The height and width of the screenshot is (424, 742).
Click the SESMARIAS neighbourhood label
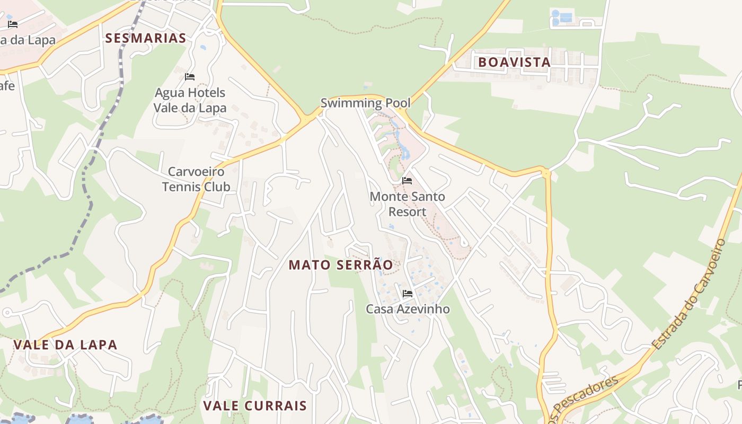coord(146,38)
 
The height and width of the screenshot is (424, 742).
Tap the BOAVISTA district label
coord(515,62)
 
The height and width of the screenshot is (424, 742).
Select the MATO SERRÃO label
coord(341,265)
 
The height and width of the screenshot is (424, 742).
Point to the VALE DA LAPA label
coord(65,344)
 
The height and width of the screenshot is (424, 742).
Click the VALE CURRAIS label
coord(255,406)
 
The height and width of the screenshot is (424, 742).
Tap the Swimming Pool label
coord(366,103)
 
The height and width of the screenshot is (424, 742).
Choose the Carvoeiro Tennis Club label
coord(196,179)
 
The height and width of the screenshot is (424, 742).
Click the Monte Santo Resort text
coord(407,204)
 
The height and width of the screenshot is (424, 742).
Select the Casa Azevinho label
coord(408,309)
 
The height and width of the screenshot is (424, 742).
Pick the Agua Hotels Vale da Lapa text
coord(190,100)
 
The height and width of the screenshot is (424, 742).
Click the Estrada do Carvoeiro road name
coord(690,294)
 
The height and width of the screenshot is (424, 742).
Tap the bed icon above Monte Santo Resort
coord(407,181)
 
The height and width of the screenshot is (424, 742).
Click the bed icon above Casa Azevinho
coord(407,293)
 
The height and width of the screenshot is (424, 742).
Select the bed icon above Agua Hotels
coord(190,77)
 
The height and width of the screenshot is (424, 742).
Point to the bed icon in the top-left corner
coord(13,24)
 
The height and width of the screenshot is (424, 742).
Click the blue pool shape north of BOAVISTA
coord(562,17)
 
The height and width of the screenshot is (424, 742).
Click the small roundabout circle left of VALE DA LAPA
coord(7,313)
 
